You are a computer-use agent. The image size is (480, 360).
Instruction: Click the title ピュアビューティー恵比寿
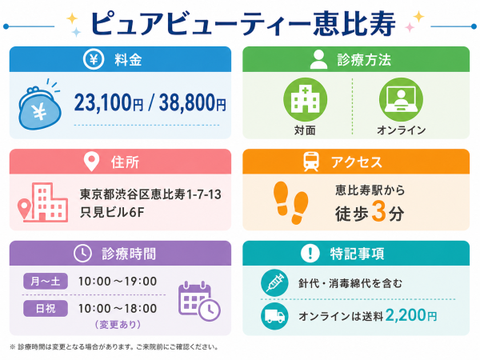243,24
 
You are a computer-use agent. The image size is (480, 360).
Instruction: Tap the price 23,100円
109,102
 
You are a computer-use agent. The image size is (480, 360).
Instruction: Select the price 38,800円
192,102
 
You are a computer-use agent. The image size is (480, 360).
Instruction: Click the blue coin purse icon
40,106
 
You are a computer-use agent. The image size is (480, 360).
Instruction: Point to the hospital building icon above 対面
306,99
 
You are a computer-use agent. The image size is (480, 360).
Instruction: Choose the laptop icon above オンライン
401,99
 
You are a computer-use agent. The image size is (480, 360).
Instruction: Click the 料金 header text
128,59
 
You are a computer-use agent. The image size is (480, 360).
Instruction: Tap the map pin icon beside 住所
91,162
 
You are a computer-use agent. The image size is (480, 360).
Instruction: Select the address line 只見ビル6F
112,212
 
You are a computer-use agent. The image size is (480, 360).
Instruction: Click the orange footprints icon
290,203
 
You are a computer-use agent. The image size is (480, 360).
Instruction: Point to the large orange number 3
378,211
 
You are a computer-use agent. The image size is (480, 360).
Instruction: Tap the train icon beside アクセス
311,162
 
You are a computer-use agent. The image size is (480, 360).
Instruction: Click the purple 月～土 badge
46,281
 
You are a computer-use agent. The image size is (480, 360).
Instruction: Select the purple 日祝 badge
46,308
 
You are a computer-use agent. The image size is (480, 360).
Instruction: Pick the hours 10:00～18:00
118,308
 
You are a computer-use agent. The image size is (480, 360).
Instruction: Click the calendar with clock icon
199,302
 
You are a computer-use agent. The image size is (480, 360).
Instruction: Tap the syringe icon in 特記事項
274,283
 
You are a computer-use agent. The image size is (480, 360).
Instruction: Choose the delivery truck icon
274,316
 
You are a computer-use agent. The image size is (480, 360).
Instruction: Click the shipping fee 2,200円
411,315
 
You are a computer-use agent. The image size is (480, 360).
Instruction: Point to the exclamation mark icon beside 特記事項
310,253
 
